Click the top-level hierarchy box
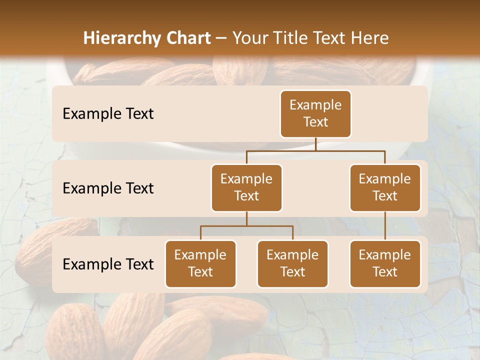(315, 113)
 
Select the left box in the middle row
(246, 187)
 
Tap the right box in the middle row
(385, 187)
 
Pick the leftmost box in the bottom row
(200, 263)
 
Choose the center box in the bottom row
(292, 263)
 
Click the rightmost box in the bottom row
(385, 263)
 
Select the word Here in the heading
(370, 38)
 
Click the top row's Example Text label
(108, 113)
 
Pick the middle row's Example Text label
(108, 188)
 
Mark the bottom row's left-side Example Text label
(108, 264)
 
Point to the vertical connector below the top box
(315, 144)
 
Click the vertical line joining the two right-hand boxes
(385, 226)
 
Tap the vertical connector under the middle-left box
(246, 218)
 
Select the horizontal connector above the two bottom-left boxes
(246, 226)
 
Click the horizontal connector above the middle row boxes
(315, 150)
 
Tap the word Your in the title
(248, 38)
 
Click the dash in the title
(221, 38)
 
